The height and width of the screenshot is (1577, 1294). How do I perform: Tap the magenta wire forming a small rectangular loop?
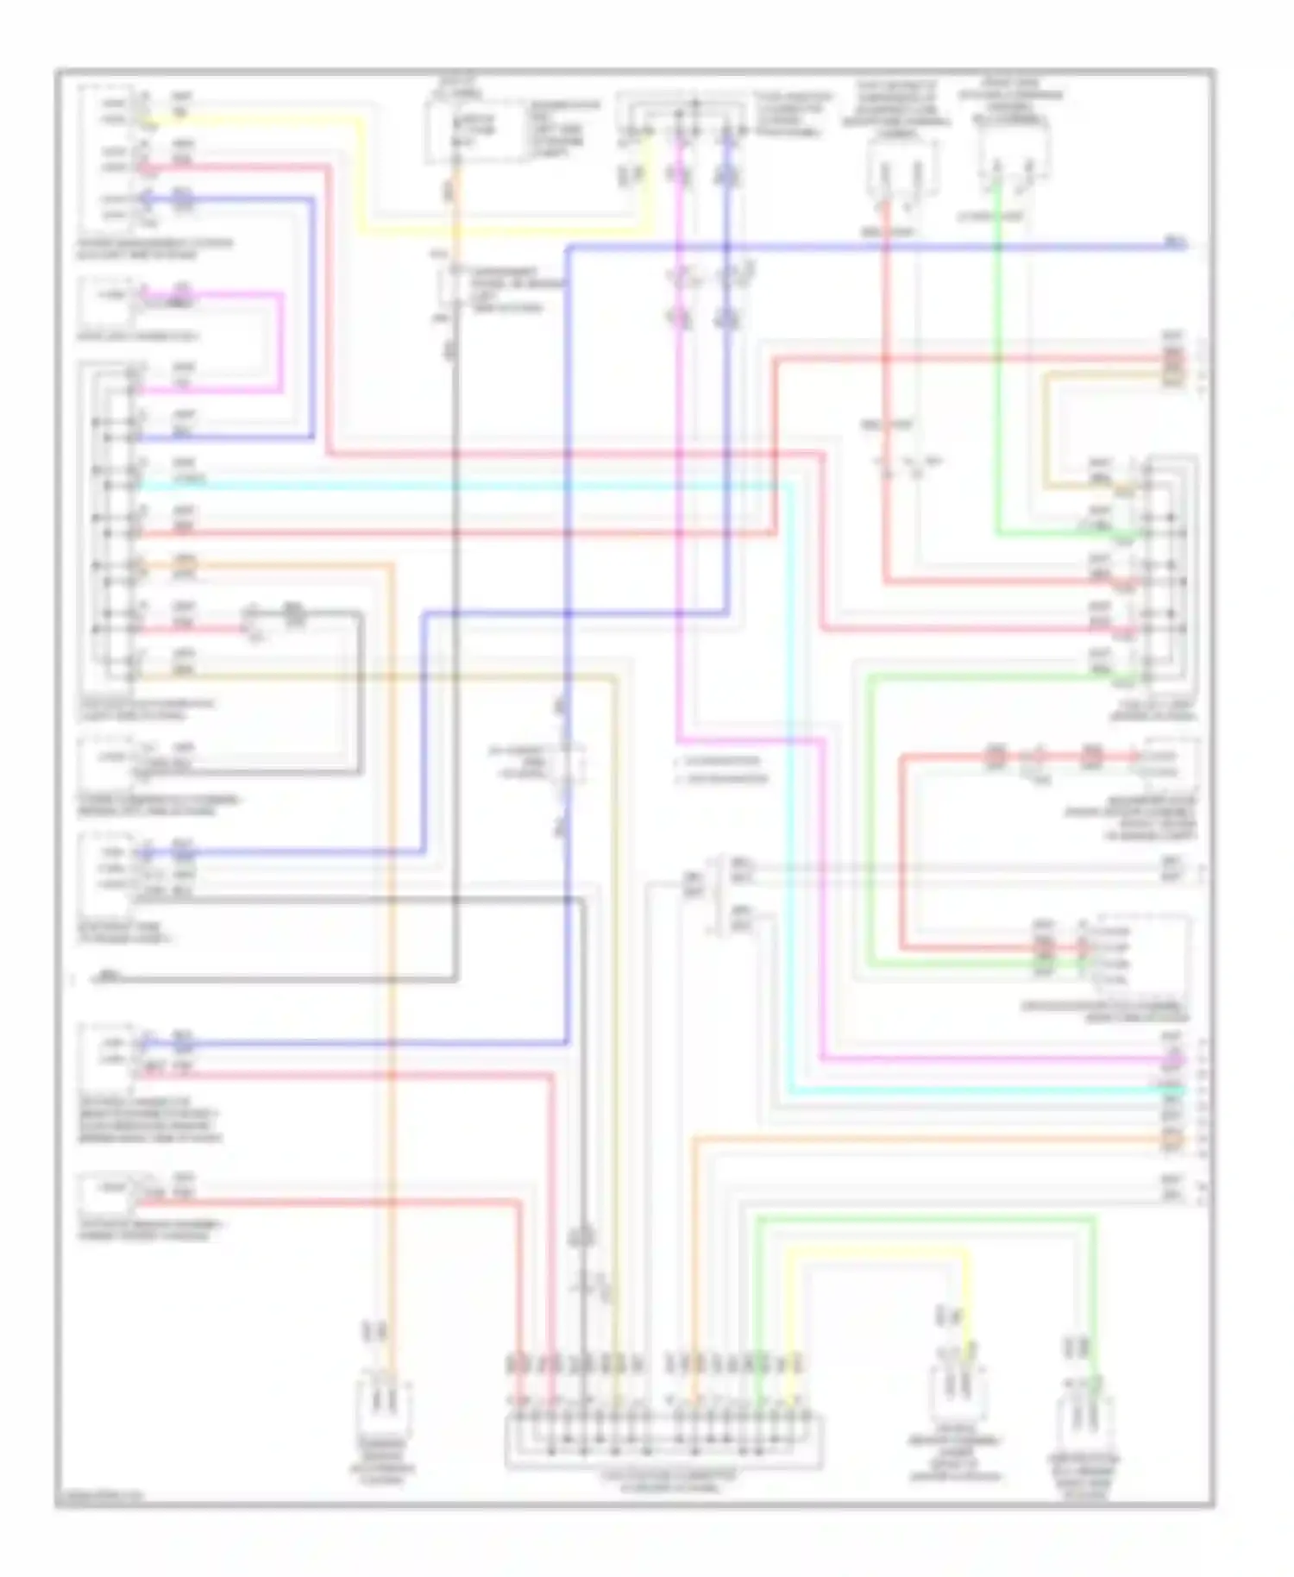tap(280, 345)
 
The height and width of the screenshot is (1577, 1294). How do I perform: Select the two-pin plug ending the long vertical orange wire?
tap(382, 1405)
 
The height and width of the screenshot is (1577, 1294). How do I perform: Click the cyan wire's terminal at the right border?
tap(1173, 1091)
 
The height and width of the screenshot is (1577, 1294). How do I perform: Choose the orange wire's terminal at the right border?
tap(1173, 1140)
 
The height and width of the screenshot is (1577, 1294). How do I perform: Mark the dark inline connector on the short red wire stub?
tap(295, 614)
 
